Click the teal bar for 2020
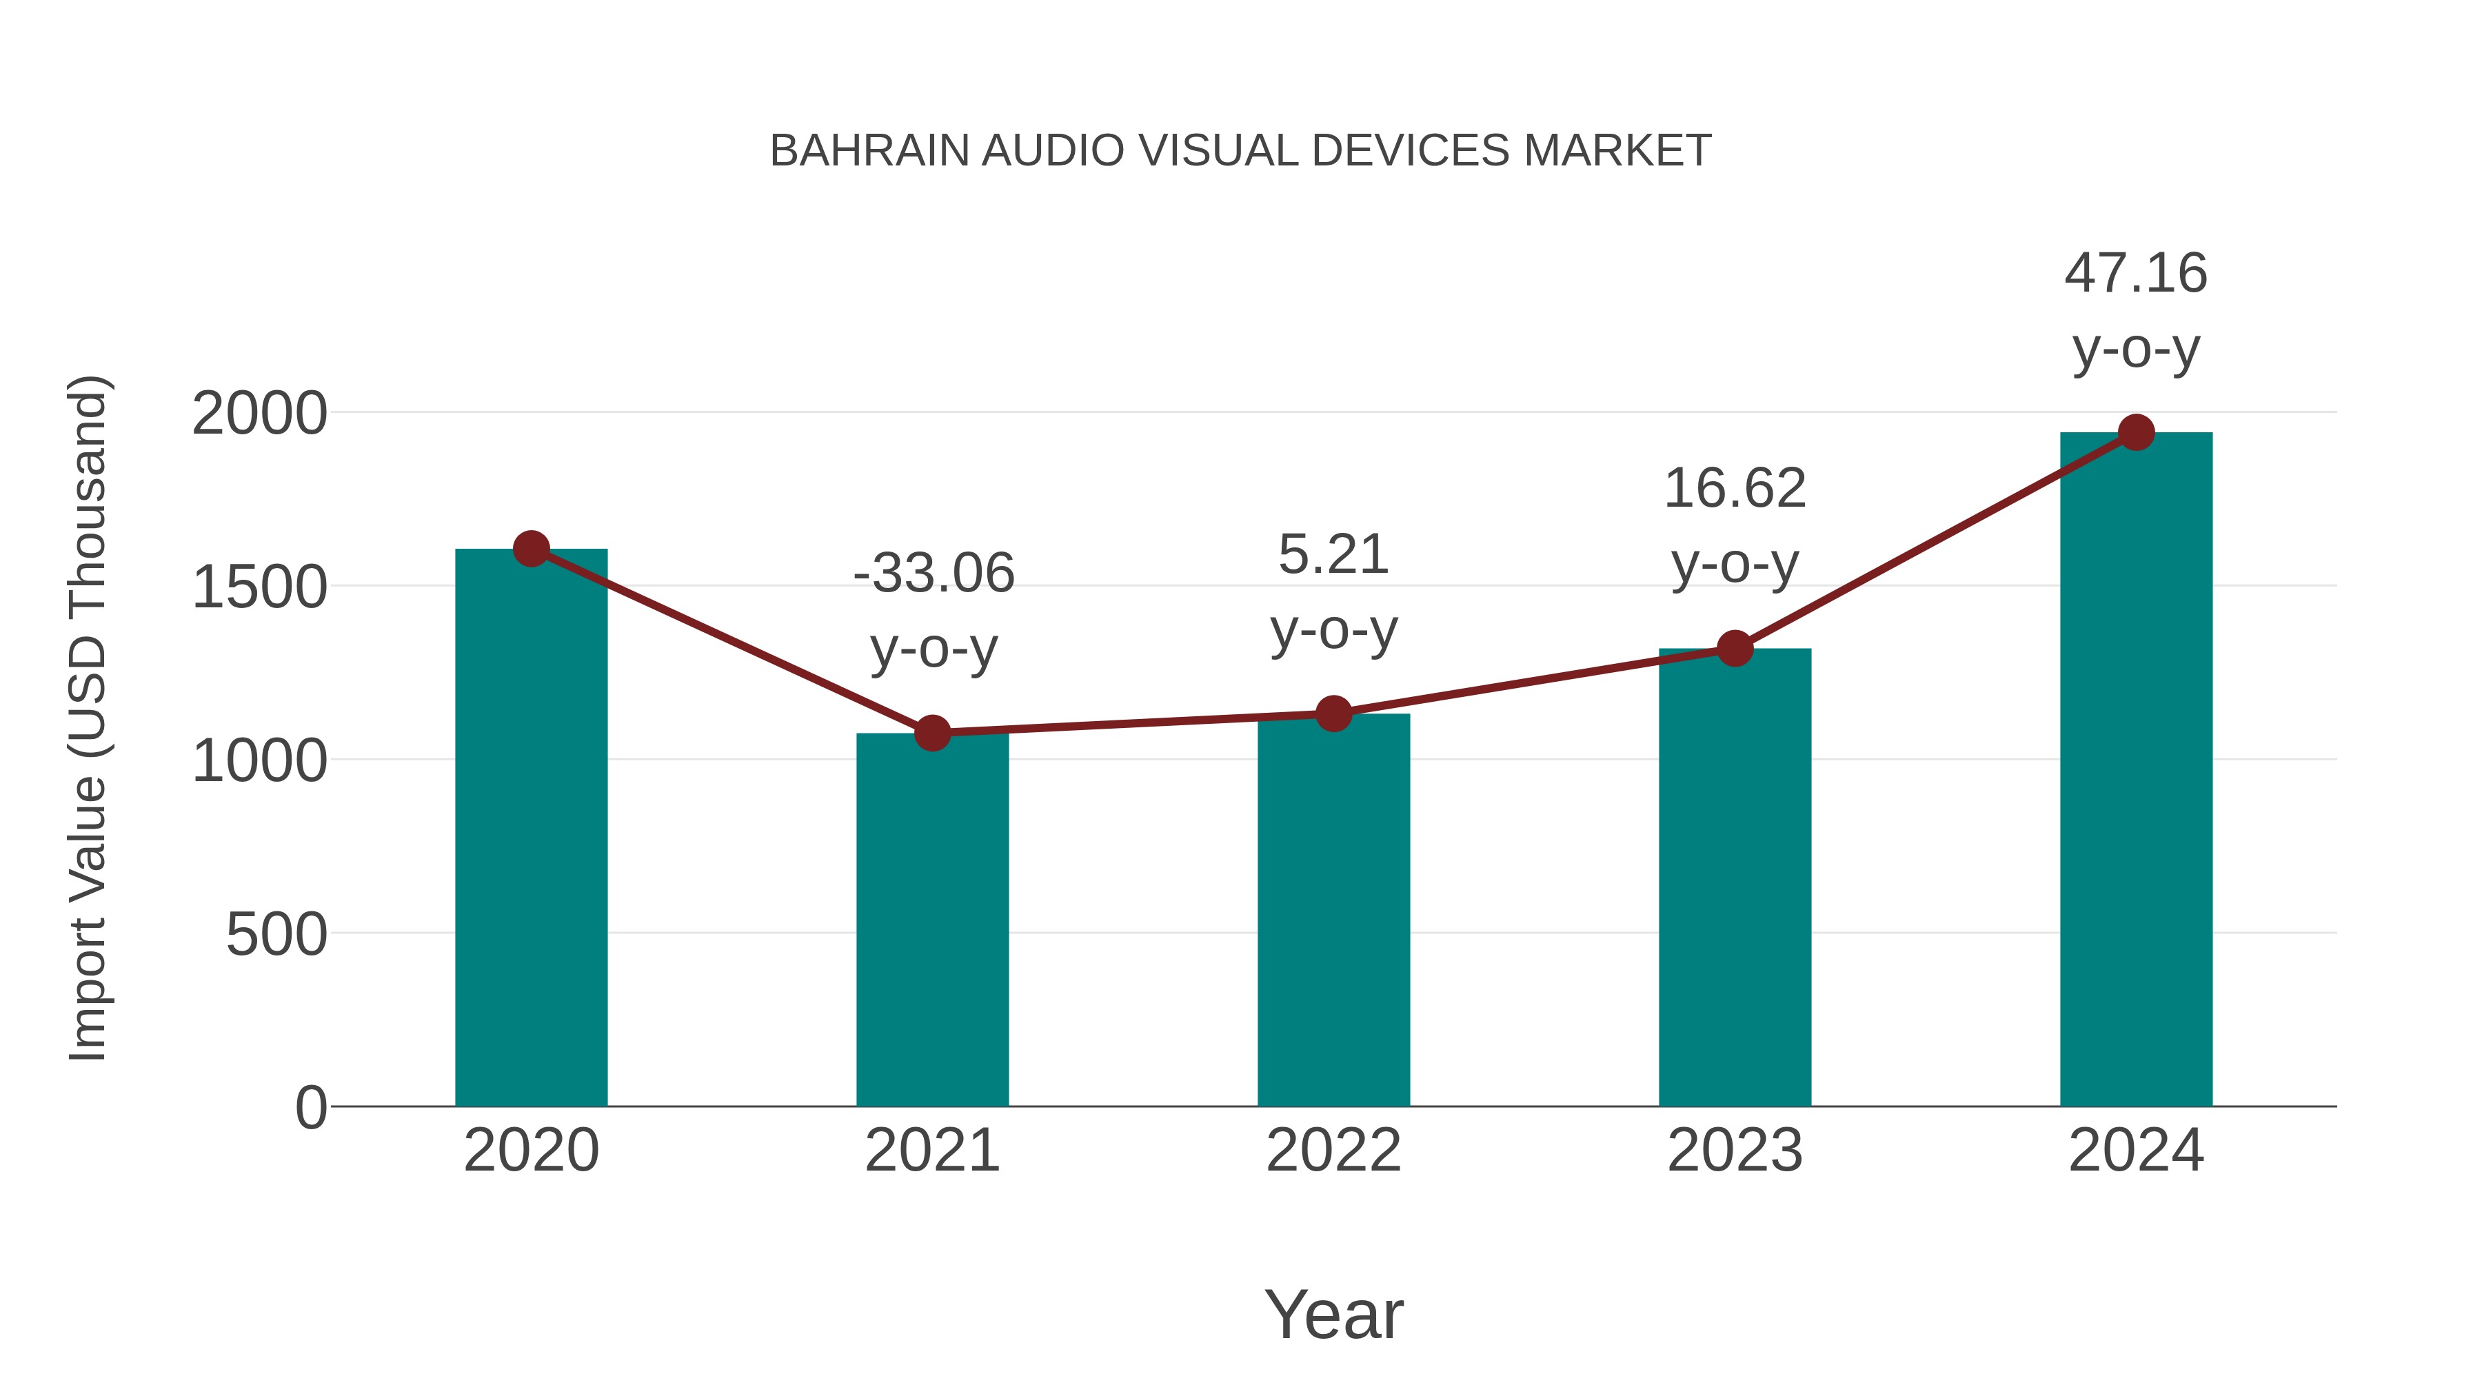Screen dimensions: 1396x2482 click(x=531, y=829)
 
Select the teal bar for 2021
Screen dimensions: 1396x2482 click(x=931, y=920)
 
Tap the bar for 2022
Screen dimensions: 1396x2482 click(x=1333, y=911)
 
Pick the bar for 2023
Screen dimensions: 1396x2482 click(x=1735, y=877)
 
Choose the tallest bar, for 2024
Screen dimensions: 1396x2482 click(x=2136, y=771)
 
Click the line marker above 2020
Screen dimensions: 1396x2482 click(x=531, y=549)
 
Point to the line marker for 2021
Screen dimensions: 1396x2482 click(x=931, y=734)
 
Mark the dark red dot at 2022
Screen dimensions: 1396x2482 click(x=1333, y=714)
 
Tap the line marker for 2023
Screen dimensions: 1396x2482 click(x=1735, y=649)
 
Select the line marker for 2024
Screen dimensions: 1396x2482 click(x=2136, y=432)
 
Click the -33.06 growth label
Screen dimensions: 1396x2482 click(x=934, y=574)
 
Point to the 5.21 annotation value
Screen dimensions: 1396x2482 click(x=1333, y=555)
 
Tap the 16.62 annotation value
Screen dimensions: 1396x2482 click(x=1735, y=489)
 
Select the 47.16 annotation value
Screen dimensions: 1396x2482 click(x=2135, y=274)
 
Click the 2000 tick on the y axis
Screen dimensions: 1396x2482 click(x=259, y=414)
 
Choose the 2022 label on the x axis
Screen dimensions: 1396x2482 click(x=1333, y=1151)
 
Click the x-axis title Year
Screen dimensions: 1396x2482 click(x=1333, y=1315)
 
